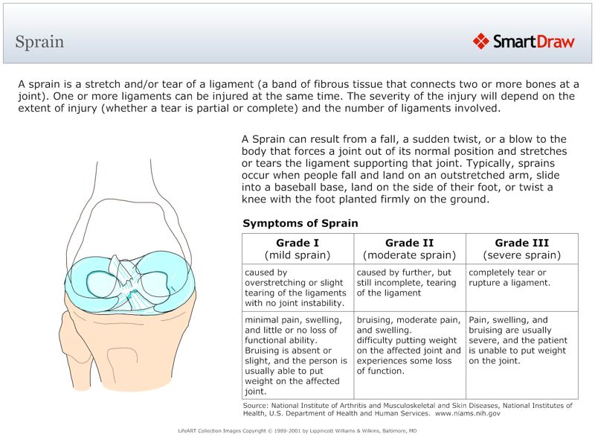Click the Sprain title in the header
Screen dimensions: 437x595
tap(39, 42)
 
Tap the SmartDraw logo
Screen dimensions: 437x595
tap(524, 42)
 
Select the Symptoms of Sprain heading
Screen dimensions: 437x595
tap(300, 223)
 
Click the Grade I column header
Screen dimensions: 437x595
tap(297, 249)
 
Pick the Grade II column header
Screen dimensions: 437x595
tap(409, 249)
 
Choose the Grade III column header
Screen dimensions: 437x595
tap(521, 249)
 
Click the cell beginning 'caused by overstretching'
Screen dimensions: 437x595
tap(296, 287)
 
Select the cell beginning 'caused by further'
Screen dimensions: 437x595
tap(409, 283)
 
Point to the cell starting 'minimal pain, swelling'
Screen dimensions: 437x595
tap(296, 354)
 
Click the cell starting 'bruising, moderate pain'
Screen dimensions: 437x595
tap(409, 345)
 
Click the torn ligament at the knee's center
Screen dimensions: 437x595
tap(129, 293)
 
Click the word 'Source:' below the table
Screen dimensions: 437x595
tap(256, 405)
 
